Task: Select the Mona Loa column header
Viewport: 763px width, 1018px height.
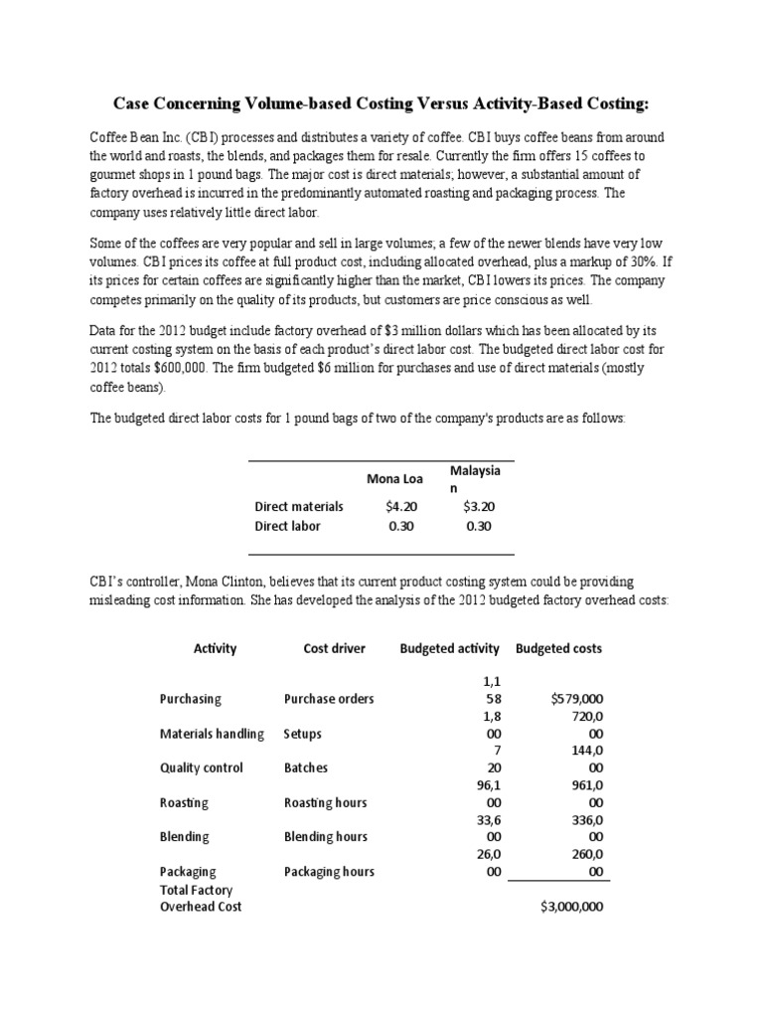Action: (395, 479)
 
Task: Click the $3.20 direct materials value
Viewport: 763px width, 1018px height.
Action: (478, 506)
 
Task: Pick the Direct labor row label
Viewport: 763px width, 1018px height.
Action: (288, 526)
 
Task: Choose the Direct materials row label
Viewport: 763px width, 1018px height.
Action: (299, 506)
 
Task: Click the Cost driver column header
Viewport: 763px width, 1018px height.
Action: (334, 648)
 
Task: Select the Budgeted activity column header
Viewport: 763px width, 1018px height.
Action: (449, 648)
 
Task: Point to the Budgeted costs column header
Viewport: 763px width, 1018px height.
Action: (558, 648)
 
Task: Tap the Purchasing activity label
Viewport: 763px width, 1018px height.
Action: (191, 699)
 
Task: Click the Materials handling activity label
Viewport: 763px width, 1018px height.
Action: (213, 734)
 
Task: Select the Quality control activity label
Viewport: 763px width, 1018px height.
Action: (201, 767)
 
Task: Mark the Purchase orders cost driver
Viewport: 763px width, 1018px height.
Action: (329, 699)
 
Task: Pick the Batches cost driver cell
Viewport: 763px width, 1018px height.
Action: (306, 767)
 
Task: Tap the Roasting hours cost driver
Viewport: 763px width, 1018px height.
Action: (325, 802)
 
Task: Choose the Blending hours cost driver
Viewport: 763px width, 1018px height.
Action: (326, 837)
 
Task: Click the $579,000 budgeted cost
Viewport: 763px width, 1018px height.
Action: (576, 699)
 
